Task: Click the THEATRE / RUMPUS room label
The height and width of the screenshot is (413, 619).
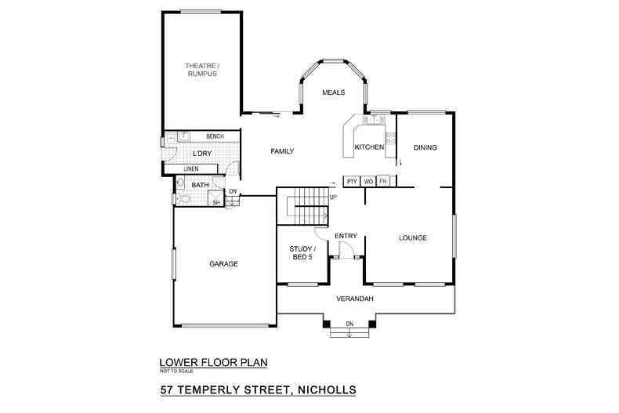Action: (201, 69)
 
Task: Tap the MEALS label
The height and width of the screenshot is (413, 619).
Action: (334, 92)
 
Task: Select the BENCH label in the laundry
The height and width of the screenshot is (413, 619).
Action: (215, 136)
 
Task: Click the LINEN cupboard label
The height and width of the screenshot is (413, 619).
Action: (191, 168)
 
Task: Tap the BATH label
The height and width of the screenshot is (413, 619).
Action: (200, 186)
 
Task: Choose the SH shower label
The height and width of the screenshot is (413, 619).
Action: (217, 203)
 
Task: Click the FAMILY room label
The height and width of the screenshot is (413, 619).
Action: (282, 150)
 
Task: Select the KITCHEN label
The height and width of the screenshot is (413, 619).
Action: (369, 147)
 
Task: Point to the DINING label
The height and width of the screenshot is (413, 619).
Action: (425, 147)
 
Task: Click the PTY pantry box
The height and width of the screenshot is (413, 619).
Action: (352, 182)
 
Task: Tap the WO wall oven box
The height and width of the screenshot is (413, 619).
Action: (368, 182)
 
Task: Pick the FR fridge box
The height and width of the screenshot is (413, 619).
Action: (383, 182)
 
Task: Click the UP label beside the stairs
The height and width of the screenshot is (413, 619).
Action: (333, 197)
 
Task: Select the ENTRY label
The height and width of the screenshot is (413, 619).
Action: (346, 236)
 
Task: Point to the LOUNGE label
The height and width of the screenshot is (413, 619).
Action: (412, 237)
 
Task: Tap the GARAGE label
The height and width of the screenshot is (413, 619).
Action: (223, 264)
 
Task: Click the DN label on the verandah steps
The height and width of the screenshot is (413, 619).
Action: (349, 324)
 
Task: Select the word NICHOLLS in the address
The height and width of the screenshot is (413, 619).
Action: (328, 389)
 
